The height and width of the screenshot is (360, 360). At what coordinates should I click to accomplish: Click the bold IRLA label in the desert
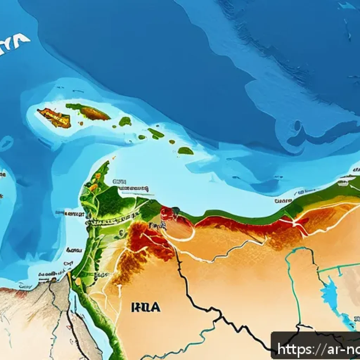tap(146, 307)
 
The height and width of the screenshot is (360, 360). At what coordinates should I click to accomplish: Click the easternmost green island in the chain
tap(185, 151)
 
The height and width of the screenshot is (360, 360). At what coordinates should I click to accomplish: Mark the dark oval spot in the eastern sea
tap(298, 126)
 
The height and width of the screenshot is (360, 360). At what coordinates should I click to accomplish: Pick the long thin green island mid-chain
tap(155, 133)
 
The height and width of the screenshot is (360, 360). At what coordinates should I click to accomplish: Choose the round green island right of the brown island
tap(125, 122)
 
